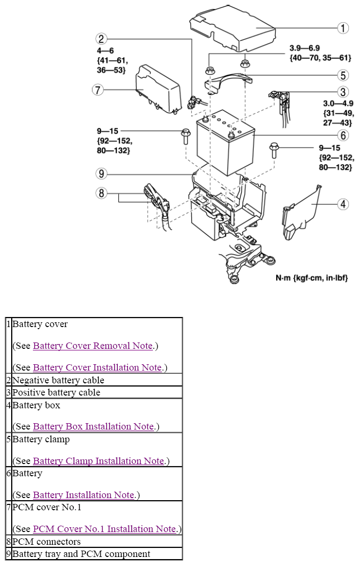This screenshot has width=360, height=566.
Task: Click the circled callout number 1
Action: point(344,28)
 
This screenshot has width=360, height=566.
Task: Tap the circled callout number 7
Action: point(97,90)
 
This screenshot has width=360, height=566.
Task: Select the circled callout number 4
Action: point(344,203)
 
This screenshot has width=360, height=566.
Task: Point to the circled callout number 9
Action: point(102,173)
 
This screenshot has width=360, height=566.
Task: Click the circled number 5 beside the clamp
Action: point(344,75)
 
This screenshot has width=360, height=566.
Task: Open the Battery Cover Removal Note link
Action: point(93,346)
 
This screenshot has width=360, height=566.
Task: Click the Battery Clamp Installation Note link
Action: point(98,461)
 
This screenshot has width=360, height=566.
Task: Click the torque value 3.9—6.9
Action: point(304,48)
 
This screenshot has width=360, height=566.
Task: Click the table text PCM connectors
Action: point(46,542)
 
